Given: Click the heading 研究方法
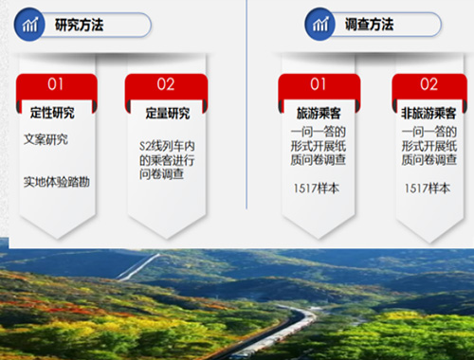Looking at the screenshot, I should point(80,26).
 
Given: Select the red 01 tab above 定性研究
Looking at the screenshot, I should point(56,85).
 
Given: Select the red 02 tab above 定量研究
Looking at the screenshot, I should point(166,85).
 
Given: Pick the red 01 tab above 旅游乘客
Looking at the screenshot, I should point(319,85).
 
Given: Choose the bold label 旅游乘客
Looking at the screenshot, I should point(319,113).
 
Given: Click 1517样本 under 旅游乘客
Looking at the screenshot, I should point(318,189).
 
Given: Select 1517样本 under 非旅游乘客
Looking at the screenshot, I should point(427,189).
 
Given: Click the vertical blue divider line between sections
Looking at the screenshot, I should point(246,104).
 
